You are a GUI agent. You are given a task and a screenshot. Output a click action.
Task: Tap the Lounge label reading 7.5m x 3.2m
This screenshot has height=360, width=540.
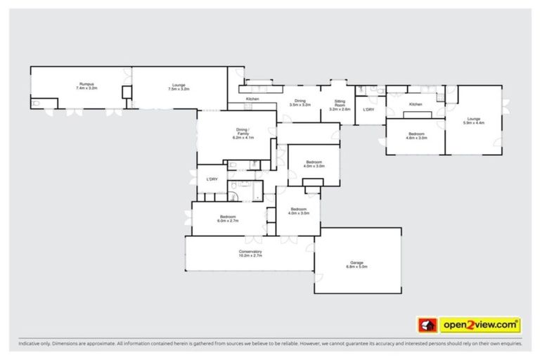tap(179, 87)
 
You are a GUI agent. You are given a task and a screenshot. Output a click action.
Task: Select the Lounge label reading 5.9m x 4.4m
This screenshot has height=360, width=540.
tap(473, 121)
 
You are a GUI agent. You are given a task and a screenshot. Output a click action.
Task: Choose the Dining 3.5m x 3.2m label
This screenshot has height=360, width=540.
tap(300, 103)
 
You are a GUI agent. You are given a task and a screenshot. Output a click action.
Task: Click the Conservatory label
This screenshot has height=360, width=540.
tap(250, 254)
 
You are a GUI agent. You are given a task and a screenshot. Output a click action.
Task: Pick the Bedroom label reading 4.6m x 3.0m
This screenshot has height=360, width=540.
tap(416, 136)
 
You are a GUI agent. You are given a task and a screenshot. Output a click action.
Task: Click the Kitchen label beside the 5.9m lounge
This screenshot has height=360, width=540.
tap(416, 105)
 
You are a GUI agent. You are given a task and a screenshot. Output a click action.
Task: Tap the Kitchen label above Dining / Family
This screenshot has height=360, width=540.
tap(252, 99)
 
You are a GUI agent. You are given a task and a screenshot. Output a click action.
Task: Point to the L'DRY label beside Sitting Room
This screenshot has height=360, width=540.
tap(368, 110)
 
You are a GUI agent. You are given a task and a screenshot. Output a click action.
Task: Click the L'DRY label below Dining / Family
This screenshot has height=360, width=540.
tap(212, 180)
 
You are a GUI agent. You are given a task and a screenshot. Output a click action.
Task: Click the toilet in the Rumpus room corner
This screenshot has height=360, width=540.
tap(36, 103)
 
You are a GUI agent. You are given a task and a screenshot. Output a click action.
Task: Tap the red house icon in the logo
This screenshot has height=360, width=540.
tap(427, 325)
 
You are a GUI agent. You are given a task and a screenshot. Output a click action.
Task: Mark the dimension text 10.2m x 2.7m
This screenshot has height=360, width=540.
tap(250, 257)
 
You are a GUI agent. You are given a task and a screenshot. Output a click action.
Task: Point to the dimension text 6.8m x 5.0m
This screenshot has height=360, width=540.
tap(356, 267)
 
